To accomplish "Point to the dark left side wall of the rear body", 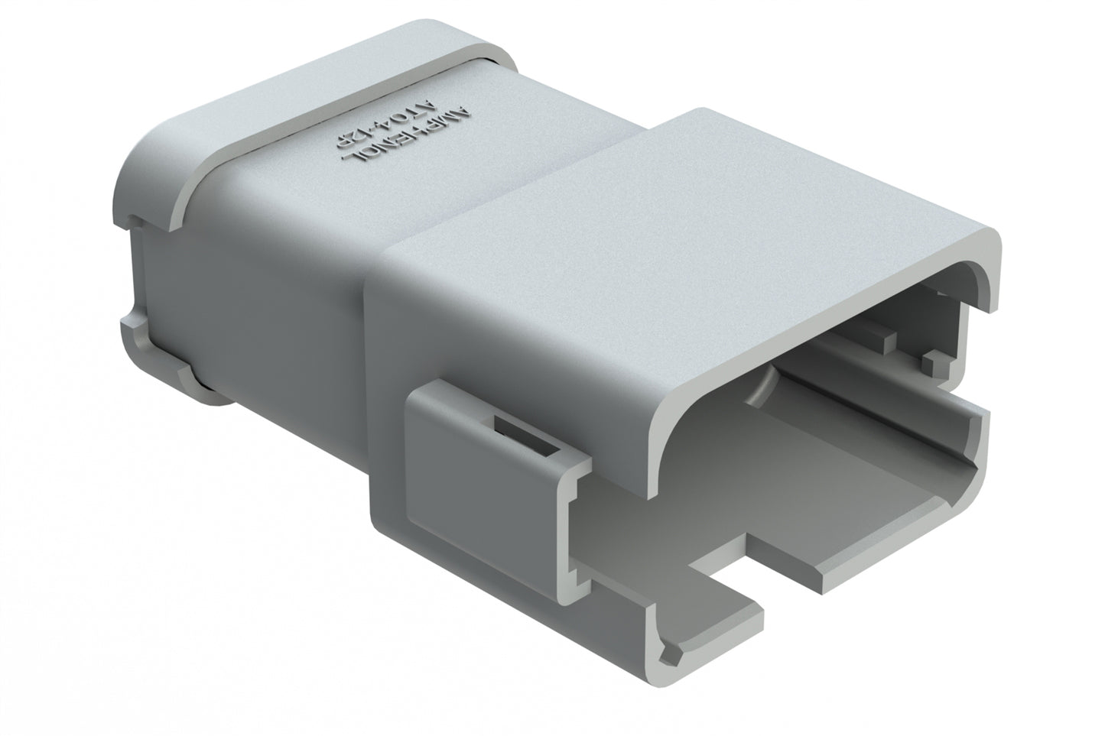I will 245,306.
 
